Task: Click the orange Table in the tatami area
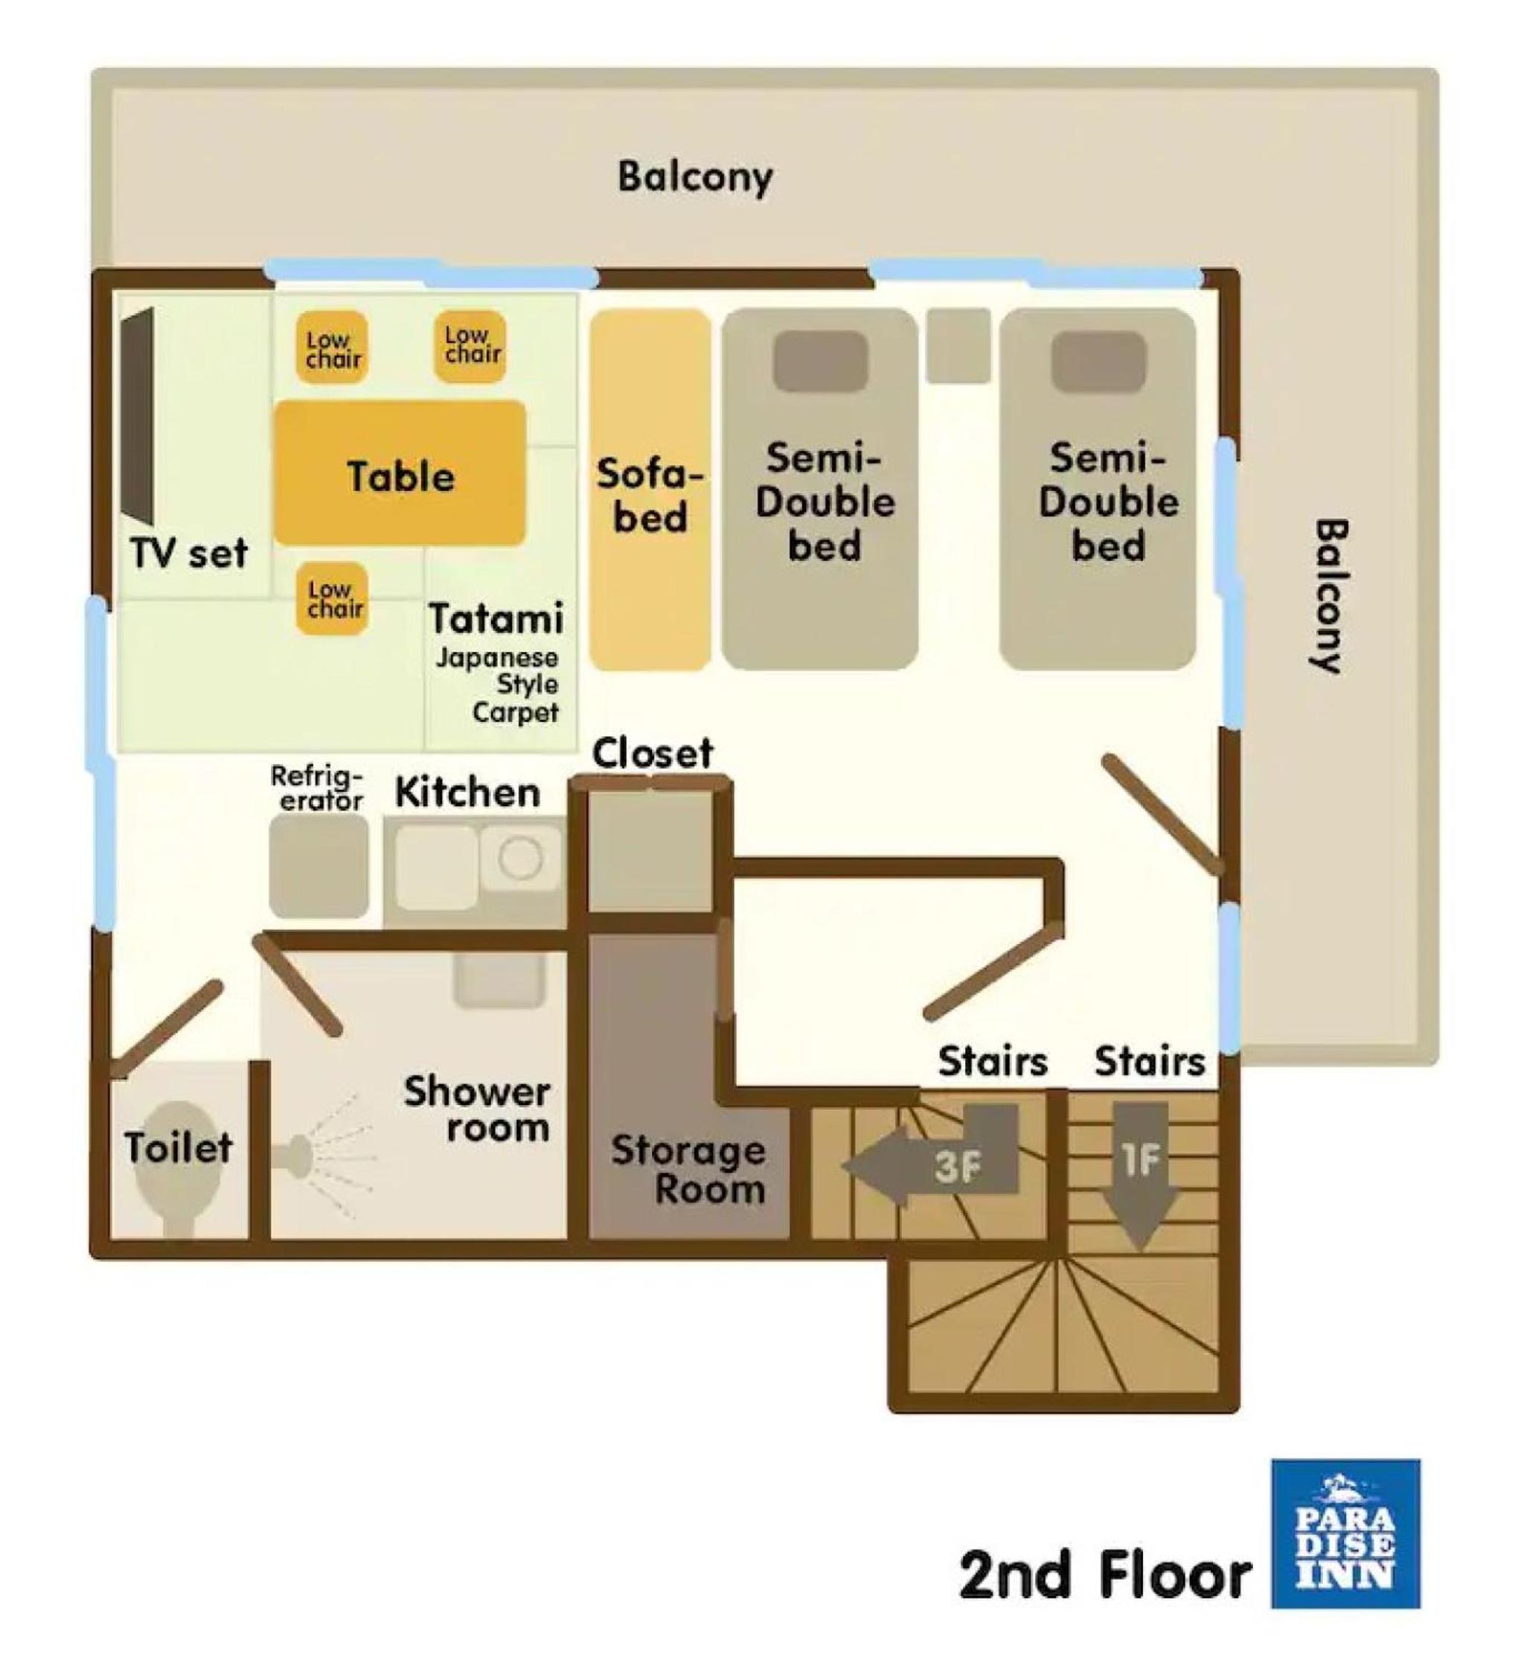coord(400,473)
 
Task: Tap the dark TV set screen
coord(137,416)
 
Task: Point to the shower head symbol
coord(294,1151)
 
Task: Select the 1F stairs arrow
coord(1140,1175)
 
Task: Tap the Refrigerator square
coord(319,866)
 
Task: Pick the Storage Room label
coord(688,1170)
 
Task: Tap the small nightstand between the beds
coord(958,345)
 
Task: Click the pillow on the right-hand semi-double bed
coord(1098,361)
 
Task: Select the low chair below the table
coord(332,599)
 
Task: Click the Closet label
coord(653,753)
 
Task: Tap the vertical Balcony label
coord(1330,596)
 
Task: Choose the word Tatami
coord(496,618)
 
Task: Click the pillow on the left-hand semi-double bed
coord(820,361)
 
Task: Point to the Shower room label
coord(477,1110)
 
